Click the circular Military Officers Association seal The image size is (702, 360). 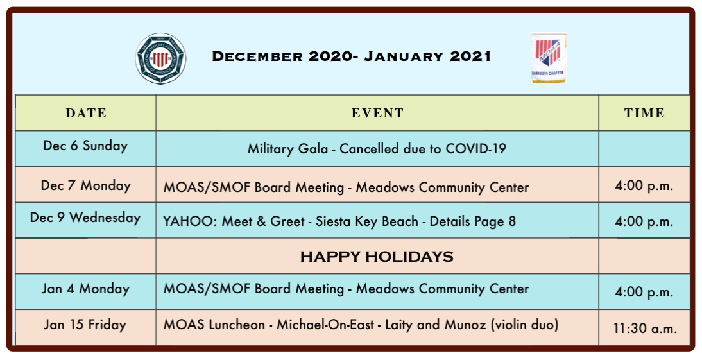coord(160,58)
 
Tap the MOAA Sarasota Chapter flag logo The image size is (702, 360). coord(549,58)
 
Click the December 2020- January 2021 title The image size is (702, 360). coord(352,56)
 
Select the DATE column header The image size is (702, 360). coord(86,114)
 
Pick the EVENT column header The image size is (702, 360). coord(377,114)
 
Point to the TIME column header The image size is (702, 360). coord(644,114)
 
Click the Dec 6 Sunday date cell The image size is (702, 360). coord(85,146)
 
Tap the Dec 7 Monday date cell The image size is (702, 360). coord(85,185)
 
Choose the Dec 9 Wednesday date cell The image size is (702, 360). coord(85,218)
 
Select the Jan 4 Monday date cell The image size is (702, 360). coord(85,289)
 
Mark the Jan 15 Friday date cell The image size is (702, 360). coord(85,325)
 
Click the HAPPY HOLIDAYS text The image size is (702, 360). coord(377,257)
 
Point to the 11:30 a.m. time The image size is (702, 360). coord(645,329)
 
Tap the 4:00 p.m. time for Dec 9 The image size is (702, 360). coord(644,221)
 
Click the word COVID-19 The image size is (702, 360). coord(476,149)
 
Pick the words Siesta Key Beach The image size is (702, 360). coord(367,221)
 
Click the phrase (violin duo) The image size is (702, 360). coord(524,325)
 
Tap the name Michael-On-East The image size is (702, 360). coord(325,324)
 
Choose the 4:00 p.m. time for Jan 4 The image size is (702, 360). coord(644,293)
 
